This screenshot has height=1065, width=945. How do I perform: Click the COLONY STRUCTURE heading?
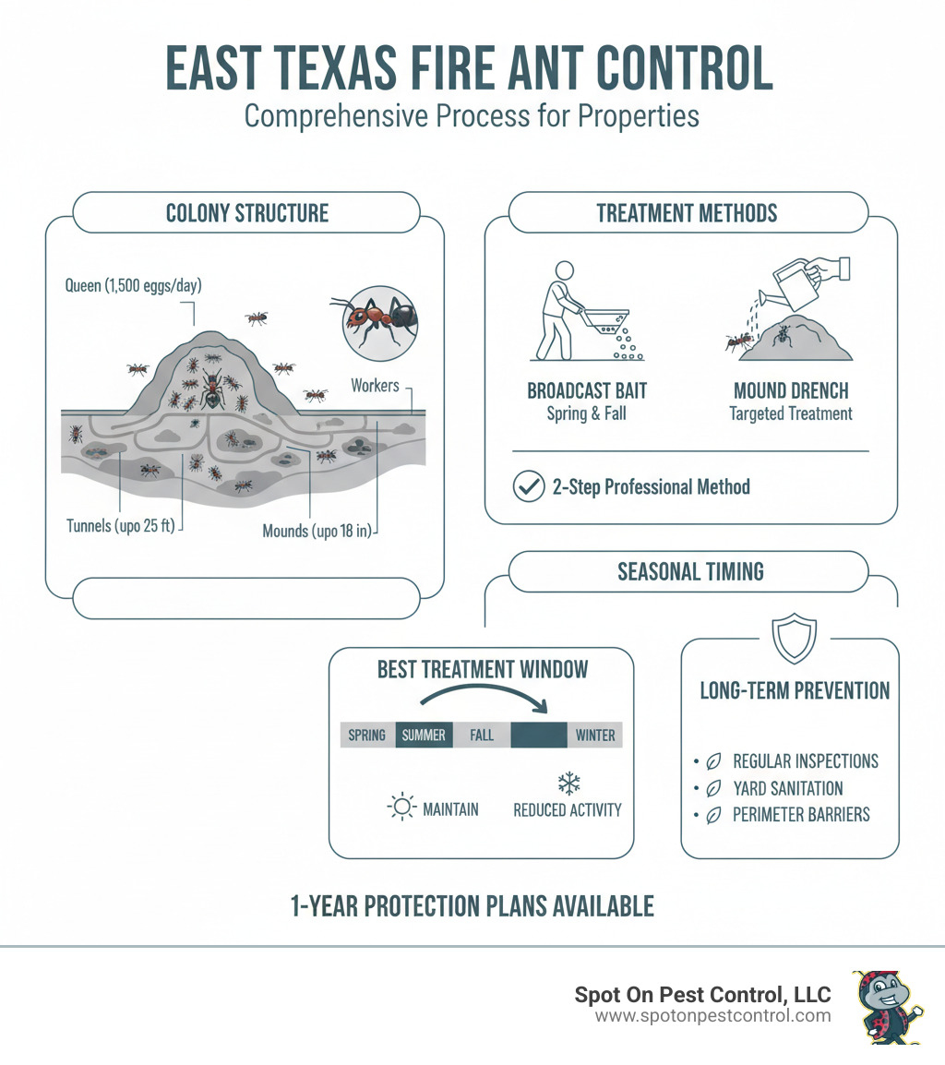[246, 213]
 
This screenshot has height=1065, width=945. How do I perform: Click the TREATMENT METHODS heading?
[687, 213]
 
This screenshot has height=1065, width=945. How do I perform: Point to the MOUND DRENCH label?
[791, 389]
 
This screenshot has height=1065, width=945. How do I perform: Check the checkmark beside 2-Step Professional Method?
[527, 486]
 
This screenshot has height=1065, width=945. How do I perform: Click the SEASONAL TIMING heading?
[690, 571]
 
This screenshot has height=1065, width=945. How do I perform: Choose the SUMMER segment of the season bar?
[424, 735]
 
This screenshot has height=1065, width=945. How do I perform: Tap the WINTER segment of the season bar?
[595, 735]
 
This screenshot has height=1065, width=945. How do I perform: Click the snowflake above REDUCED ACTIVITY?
[568, 784]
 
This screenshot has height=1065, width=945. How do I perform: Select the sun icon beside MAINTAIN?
[401, 808]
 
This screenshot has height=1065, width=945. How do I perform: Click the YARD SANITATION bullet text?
[788, 788]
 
